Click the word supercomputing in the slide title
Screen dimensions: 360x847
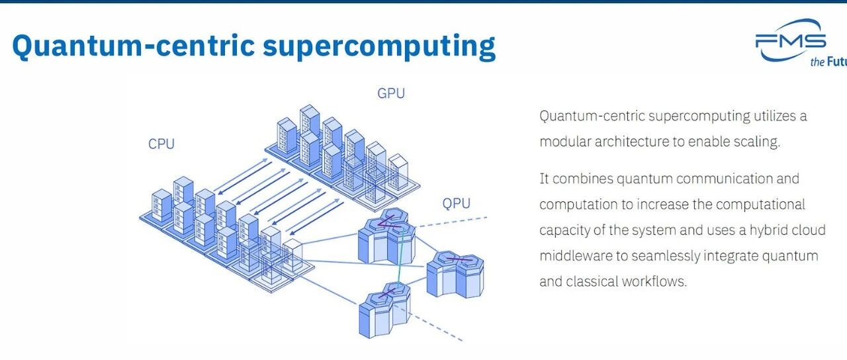tap(379, 46)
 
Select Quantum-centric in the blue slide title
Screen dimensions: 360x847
tap(131, 46)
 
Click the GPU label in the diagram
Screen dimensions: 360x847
tap(390, 94)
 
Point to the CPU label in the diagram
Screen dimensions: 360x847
tap(161, 144)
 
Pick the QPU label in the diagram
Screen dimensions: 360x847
tap(457, 203)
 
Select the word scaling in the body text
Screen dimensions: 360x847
tap(758, 142)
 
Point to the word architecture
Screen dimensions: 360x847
tap(631, 142)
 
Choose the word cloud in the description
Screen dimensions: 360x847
tap(810, 230)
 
